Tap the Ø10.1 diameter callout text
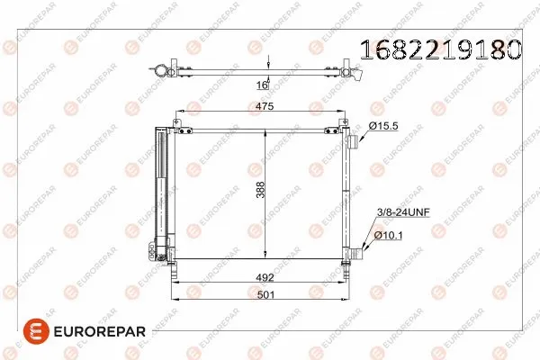coord(387,235)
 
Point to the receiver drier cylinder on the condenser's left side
coord(163,189)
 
